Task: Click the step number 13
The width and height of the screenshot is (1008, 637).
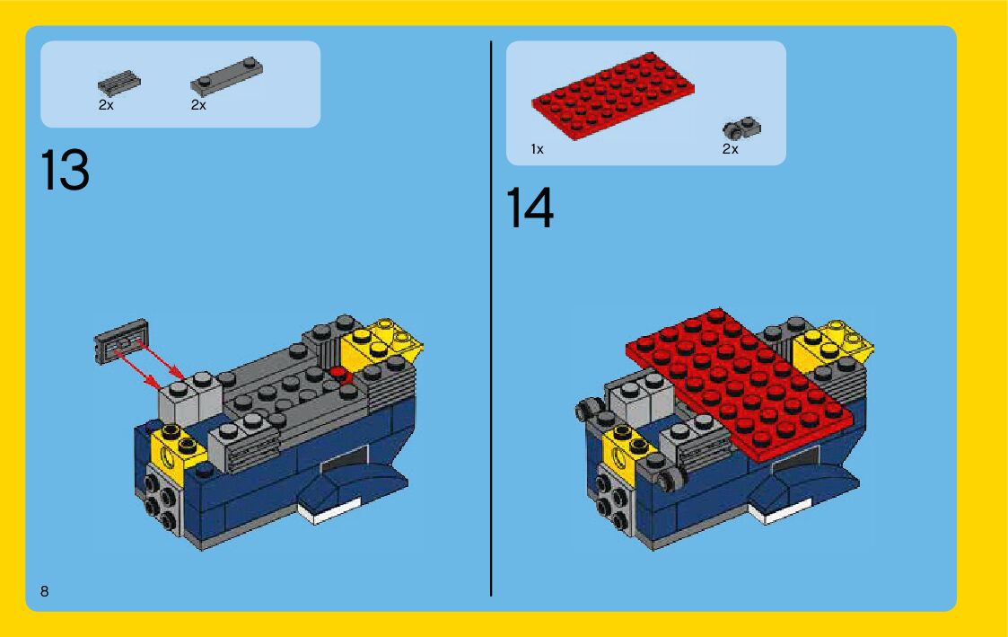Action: tap(65, 170)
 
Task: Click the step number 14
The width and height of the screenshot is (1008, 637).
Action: tap(530, 208)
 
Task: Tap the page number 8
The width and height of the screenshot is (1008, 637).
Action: tap(44, 591)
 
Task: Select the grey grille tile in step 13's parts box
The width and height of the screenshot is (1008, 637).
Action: tap(118, 82)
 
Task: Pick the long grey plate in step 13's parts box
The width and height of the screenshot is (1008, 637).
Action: tap(226, 76)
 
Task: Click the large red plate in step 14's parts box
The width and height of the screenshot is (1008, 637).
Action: tap(613, 95)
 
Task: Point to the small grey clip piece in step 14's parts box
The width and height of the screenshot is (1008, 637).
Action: tap(741, 128)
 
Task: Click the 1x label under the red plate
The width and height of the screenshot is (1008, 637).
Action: tap(537, 149)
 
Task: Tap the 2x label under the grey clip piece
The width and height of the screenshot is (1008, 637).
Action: tap(731, 149)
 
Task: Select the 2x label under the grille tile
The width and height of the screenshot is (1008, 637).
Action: tap(106, 105)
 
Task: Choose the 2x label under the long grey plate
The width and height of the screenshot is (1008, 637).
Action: tap(198, 105)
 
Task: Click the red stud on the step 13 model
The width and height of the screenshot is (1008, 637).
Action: tap(338, 373)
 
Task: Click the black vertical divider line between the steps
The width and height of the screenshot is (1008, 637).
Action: tap(491, 318)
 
